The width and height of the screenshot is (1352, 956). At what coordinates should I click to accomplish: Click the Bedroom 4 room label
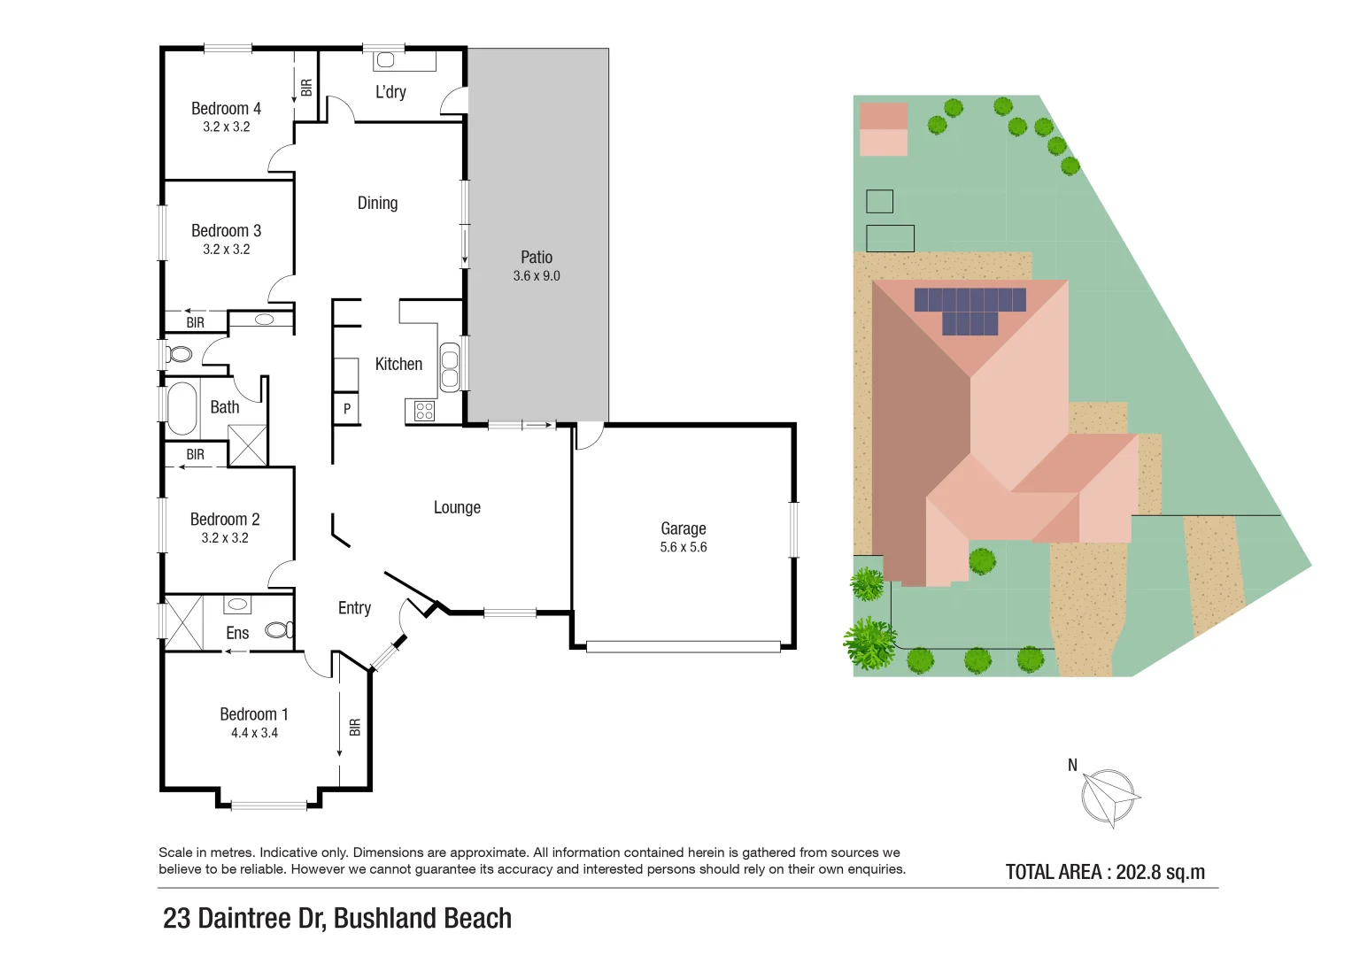pyautogui.click(x=226, y=108)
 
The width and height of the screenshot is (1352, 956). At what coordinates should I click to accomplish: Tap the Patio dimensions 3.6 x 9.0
pyautogui.click(x=537, y=276)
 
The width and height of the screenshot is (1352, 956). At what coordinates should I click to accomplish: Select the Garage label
pyautogui.click(x=683, y=528)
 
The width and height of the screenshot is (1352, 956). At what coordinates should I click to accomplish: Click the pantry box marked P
pyautogui.click(x=347, y=408)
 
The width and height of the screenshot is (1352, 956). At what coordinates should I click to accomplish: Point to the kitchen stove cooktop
pyautogui.click(x=424, y=411)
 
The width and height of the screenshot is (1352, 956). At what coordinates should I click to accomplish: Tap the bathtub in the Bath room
pyautogui.click(x=182, y=408)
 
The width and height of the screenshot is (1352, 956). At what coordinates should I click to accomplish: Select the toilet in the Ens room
pyautogui.click(x=279, y=629)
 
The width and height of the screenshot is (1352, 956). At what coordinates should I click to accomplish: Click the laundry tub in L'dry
pyautogui.click(x=385, y=60)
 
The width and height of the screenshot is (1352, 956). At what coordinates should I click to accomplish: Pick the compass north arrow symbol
pyautogui.click(x=1108, y=797)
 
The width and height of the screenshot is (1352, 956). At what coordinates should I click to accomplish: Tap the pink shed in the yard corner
pyautogui.click(x=883, y=129)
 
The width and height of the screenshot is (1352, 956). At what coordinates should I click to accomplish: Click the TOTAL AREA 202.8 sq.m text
pyautogui.click(x=1105, y=872)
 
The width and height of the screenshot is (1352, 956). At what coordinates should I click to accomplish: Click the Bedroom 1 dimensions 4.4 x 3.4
pyautogui.click(x=254, y=733)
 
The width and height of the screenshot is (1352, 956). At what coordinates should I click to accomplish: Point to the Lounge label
pyautogui.click(x=457, y=507)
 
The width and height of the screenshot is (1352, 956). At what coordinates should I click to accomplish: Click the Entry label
pyautogui.click(x=354, y=608)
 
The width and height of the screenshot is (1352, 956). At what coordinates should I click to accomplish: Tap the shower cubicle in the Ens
pyautogui.click(x=184, y=622)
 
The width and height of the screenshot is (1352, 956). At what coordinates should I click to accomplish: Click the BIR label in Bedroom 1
pyautogui.click(x=355, y=727)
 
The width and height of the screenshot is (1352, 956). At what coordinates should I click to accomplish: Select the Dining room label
pyautogui.click(x=377, y=203)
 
